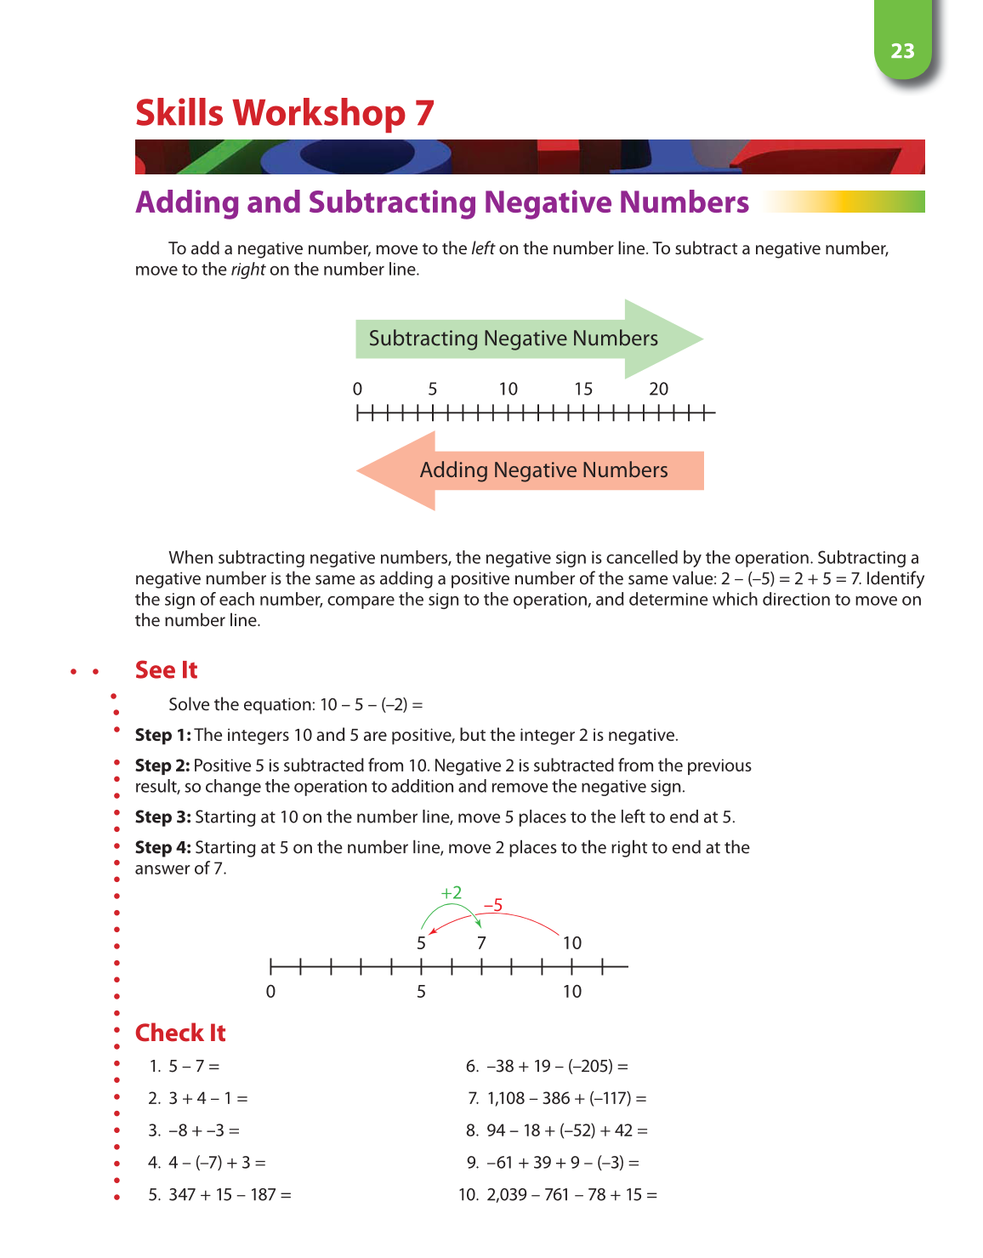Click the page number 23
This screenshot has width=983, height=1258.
[x=902, y=51]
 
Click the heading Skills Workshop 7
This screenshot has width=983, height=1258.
[x=285, y=113]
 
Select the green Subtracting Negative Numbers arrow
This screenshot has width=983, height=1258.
[x=527, y=339]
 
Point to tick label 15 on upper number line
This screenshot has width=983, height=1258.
[x=583, y=390]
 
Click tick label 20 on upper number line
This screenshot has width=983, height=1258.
[x=658, y=390]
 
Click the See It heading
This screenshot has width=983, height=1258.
[x=166, y=670]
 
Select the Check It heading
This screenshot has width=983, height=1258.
[x=180, y=1033]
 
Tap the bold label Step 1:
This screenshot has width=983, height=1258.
[x=163, y=735]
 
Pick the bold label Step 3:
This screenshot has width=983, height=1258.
[x=163, y=817]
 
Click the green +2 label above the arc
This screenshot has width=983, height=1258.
[x=452, y=892]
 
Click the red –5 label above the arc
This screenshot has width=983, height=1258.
[x=493, y=905]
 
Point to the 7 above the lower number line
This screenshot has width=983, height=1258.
[x=481, y=942]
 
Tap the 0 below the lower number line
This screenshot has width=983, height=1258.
[x=270, y=992]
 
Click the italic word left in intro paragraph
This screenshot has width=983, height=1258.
[x=483, y=248]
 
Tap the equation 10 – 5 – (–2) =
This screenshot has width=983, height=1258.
[x=372, y=704]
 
